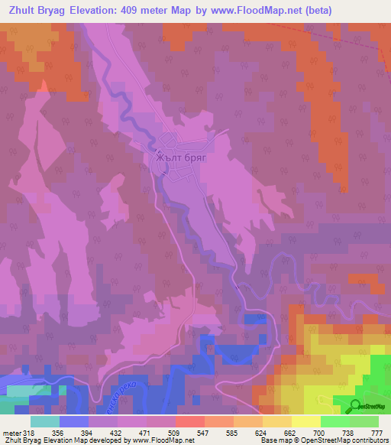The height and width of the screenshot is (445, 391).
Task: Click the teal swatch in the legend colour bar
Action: [44, 421]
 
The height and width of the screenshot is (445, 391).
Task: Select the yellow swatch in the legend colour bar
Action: [305, 421]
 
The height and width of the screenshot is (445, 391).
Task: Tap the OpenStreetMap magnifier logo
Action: [356, 406]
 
